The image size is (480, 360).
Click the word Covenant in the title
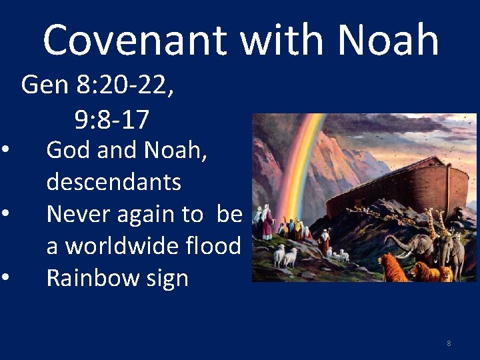(135, 40)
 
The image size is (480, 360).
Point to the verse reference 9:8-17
(111, 120)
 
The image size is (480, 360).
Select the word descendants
(113, 181)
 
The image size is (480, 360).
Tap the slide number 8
(449, 343)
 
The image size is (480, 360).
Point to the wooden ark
(400, 190)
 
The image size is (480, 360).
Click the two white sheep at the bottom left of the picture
(285, 255)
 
